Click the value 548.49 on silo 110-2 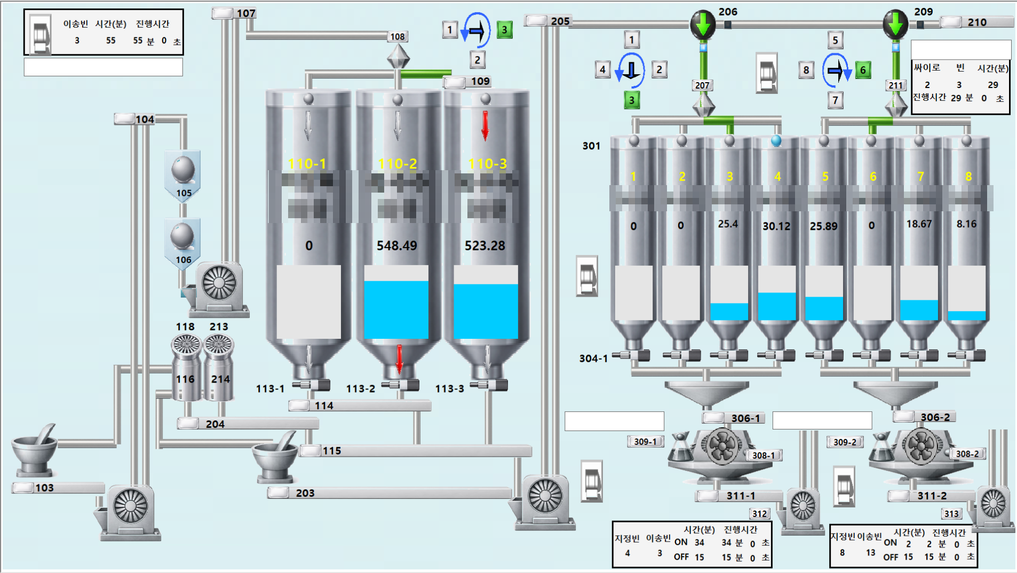[x=396, y=245]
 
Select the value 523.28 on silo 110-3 [x=484, y=245]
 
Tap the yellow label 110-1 [x=307, y=163]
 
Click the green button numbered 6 [x=863, y=70]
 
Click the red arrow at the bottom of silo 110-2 [x=399, y=359]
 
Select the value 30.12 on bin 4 [x=776, y=226]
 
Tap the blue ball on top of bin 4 [x=776, y=140]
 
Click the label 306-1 [x=745, y=418]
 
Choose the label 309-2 [x=845, y=442]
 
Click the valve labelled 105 [x=183, y=173]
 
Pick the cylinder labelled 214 [x=220, y=379]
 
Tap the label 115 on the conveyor [x=331, y=451]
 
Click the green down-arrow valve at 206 [x=703, y=24]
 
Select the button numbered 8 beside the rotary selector [x=806, y=70]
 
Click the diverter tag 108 [x=398, y=36]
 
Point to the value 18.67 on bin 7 [x=919, y=224]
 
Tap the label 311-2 [x=932, y=496]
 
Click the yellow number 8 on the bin [x=968, y=177]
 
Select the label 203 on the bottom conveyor [x=305, y=493]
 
